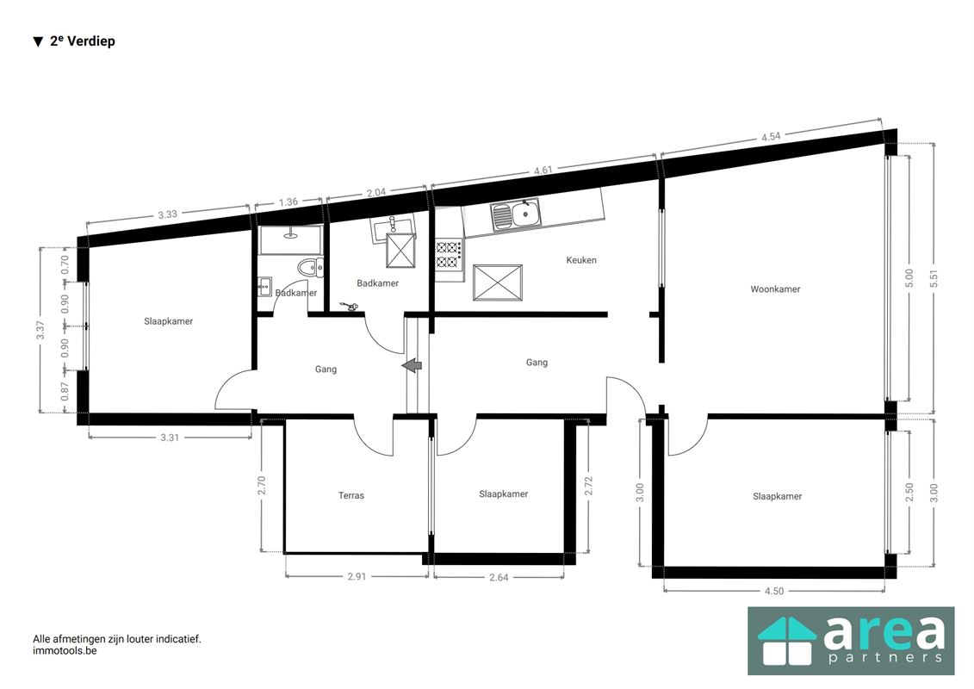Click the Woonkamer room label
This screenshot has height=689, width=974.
click(774, 289)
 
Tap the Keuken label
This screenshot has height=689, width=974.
click(580, 260)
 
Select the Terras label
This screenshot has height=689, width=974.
click(351, 495)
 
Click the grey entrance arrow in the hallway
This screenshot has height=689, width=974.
click(412, 366)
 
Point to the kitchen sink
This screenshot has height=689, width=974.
click(516, 215)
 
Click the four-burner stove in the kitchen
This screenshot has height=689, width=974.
click(449, 254)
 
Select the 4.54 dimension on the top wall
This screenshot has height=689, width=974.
click(771, 137)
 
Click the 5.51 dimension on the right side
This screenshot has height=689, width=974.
click(934, 279)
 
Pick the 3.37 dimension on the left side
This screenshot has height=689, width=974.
click(40, 330)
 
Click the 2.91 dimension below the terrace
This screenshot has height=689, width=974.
click(357, 576)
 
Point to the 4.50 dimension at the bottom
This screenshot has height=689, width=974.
click(774, 591)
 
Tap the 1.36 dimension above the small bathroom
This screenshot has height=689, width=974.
click(288, 202)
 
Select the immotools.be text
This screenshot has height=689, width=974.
click(65, 651)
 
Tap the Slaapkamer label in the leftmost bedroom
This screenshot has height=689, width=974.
click(168, 321)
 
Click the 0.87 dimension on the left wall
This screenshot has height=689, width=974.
click(65, 391)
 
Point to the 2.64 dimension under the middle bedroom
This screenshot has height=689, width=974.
click(499, 577)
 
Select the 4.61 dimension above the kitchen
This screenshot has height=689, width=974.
click(543, 171)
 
